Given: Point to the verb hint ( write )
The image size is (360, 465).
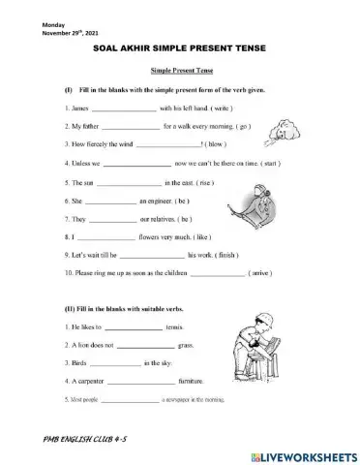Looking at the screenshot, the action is click(x=214, y=108).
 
